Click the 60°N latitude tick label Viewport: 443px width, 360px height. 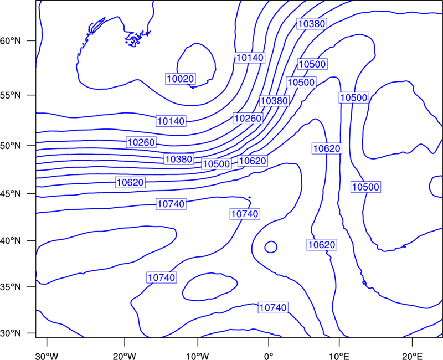pos(11,40)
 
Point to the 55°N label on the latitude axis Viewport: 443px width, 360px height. pos(11,95)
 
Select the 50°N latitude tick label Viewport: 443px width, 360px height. pos(11,146)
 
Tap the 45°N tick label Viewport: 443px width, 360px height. pos(11,193)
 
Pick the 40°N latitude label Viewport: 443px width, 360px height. pos(11,241)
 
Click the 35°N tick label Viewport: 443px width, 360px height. pos(11,287)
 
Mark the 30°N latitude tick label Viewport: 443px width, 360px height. pos(11,333)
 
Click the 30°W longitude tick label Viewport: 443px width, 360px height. pos(47,356)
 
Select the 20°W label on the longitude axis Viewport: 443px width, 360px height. pos(125,356)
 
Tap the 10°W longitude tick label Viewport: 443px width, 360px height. pos(198,356)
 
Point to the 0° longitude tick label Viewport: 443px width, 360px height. pos(269,356)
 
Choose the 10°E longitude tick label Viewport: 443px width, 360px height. pos(339,356)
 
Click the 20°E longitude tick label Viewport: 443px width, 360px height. pos(412,356)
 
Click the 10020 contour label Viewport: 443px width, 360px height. pos(181,79)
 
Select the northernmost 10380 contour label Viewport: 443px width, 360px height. pos(312,24)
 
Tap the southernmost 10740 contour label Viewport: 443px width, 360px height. pos(273,307)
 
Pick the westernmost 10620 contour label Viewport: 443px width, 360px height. pos(130,182)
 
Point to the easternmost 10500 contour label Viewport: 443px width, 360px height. pos(366,187)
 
